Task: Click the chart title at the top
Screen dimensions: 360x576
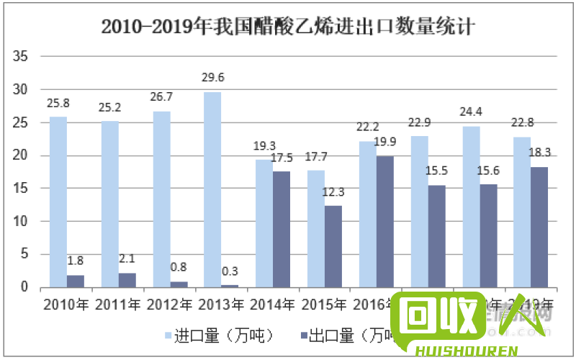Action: (x=288, y=28)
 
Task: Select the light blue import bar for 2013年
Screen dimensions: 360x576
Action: (x=212, y=189)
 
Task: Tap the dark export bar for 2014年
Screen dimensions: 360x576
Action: (x=282, y=229)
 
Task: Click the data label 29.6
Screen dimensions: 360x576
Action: (x=212, y=78)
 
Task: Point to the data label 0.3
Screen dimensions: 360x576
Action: (x=230, y=271)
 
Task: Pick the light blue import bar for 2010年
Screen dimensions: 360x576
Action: (x=58, y=202)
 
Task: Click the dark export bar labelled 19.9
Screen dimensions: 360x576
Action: (x=384, y=221)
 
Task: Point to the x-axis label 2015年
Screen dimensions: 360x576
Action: (x=324, y=304)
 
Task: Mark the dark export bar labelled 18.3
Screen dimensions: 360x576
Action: (x=539, y=227)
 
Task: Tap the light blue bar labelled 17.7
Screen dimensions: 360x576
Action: (x=315, y=228)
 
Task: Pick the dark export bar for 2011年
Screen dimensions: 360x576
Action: (x=127, y=280)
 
